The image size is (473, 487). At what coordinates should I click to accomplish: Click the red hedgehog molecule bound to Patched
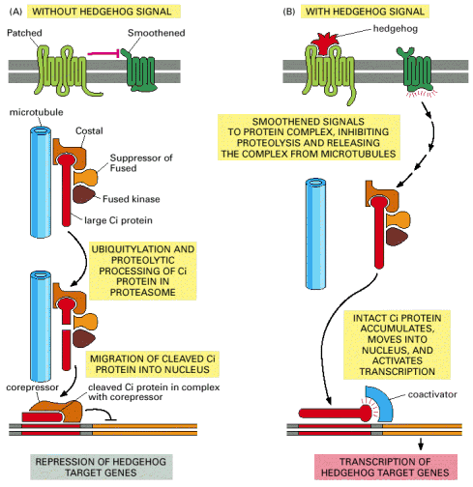324,43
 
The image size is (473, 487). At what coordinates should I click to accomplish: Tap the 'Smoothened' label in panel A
157,33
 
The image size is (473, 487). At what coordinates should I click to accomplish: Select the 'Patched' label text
24,33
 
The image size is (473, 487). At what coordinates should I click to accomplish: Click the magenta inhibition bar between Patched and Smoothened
103,53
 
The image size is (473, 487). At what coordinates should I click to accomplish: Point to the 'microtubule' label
36,112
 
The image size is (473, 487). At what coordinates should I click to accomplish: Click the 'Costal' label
89,130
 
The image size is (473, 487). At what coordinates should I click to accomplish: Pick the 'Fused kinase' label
132,199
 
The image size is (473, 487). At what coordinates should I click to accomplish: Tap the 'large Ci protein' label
118,220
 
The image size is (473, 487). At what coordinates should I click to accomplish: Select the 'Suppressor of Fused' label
141,163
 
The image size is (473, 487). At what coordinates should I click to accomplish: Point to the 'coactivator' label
432,394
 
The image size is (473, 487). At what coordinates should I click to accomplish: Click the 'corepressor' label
32,387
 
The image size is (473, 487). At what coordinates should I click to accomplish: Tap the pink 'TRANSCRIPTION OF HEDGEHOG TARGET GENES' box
386,467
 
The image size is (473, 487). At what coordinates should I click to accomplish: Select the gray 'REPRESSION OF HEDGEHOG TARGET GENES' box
102,467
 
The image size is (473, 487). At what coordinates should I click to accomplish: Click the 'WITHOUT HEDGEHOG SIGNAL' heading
103,12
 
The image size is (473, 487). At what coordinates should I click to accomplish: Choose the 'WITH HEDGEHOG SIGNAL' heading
365,12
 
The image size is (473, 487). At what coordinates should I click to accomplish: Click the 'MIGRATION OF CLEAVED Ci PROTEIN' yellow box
152,364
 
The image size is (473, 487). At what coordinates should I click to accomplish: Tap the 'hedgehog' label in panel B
396,29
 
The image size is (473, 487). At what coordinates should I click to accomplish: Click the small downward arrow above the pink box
421,444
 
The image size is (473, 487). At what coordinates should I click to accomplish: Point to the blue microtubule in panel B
315,234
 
